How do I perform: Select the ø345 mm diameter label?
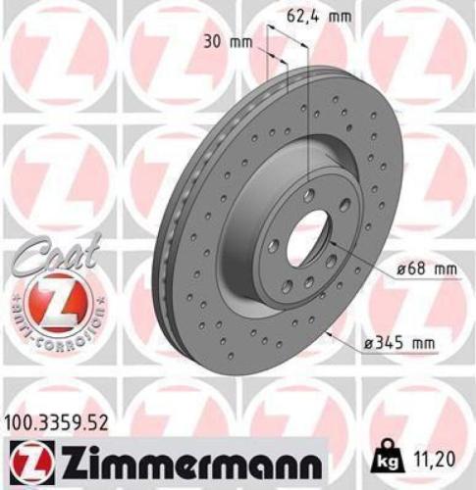click(x=402, y=343)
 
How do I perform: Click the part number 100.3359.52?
click(x=55, y=421)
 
